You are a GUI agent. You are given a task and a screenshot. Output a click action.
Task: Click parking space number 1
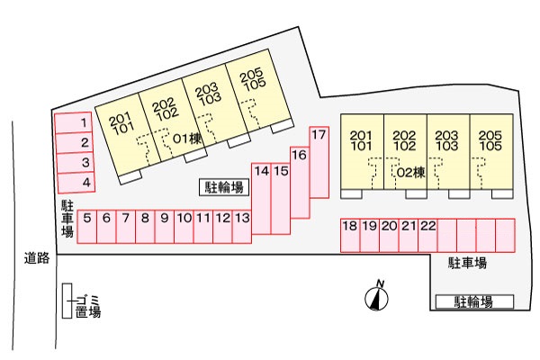tap(73, 122)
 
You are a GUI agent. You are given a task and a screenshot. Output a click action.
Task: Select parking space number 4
tap(76, 183)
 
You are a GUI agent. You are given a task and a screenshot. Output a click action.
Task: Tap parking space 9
tap(165, 227)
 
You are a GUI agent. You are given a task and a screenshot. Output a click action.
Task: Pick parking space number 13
tap(242, 227)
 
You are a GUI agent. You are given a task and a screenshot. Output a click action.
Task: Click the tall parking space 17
tap(319, 162)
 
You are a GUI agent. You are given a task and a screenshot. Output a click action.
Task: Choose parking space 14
tap(261, 199)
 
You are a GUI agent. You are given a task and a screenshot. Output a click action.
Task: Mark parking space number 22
tap(427, 235)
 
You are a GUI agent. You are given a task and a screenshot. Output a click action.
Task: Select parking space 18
tap(350, 235)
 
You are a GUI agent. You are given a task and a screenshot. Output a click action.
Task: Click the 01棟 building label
tap(187, 139)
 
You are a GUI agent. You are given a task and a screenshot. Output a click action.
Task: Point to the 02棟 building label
tap(411, 172)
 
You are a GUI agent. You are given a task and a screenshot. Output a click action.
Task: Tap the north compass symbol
tap(376, 297)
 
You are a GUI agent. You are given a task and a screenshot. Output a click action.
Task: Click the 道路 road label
tap(37, 258)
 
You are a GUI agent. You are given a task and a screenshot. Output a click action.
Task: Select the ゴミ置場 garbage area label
tap(88, 306)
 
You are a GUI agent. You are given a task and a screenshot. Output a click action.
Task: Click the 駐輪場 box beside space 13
tap(224, 187)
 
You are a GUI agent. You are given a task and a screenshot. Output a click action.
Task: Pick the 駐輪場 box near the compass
tap(474, 301)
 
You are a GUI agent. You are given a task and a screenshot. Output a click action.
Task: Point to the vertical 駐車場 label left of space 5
tap(67, 219)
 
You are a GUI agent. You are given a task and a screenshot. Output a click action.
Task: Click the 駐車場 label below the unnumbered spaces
tap(467, 263)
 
